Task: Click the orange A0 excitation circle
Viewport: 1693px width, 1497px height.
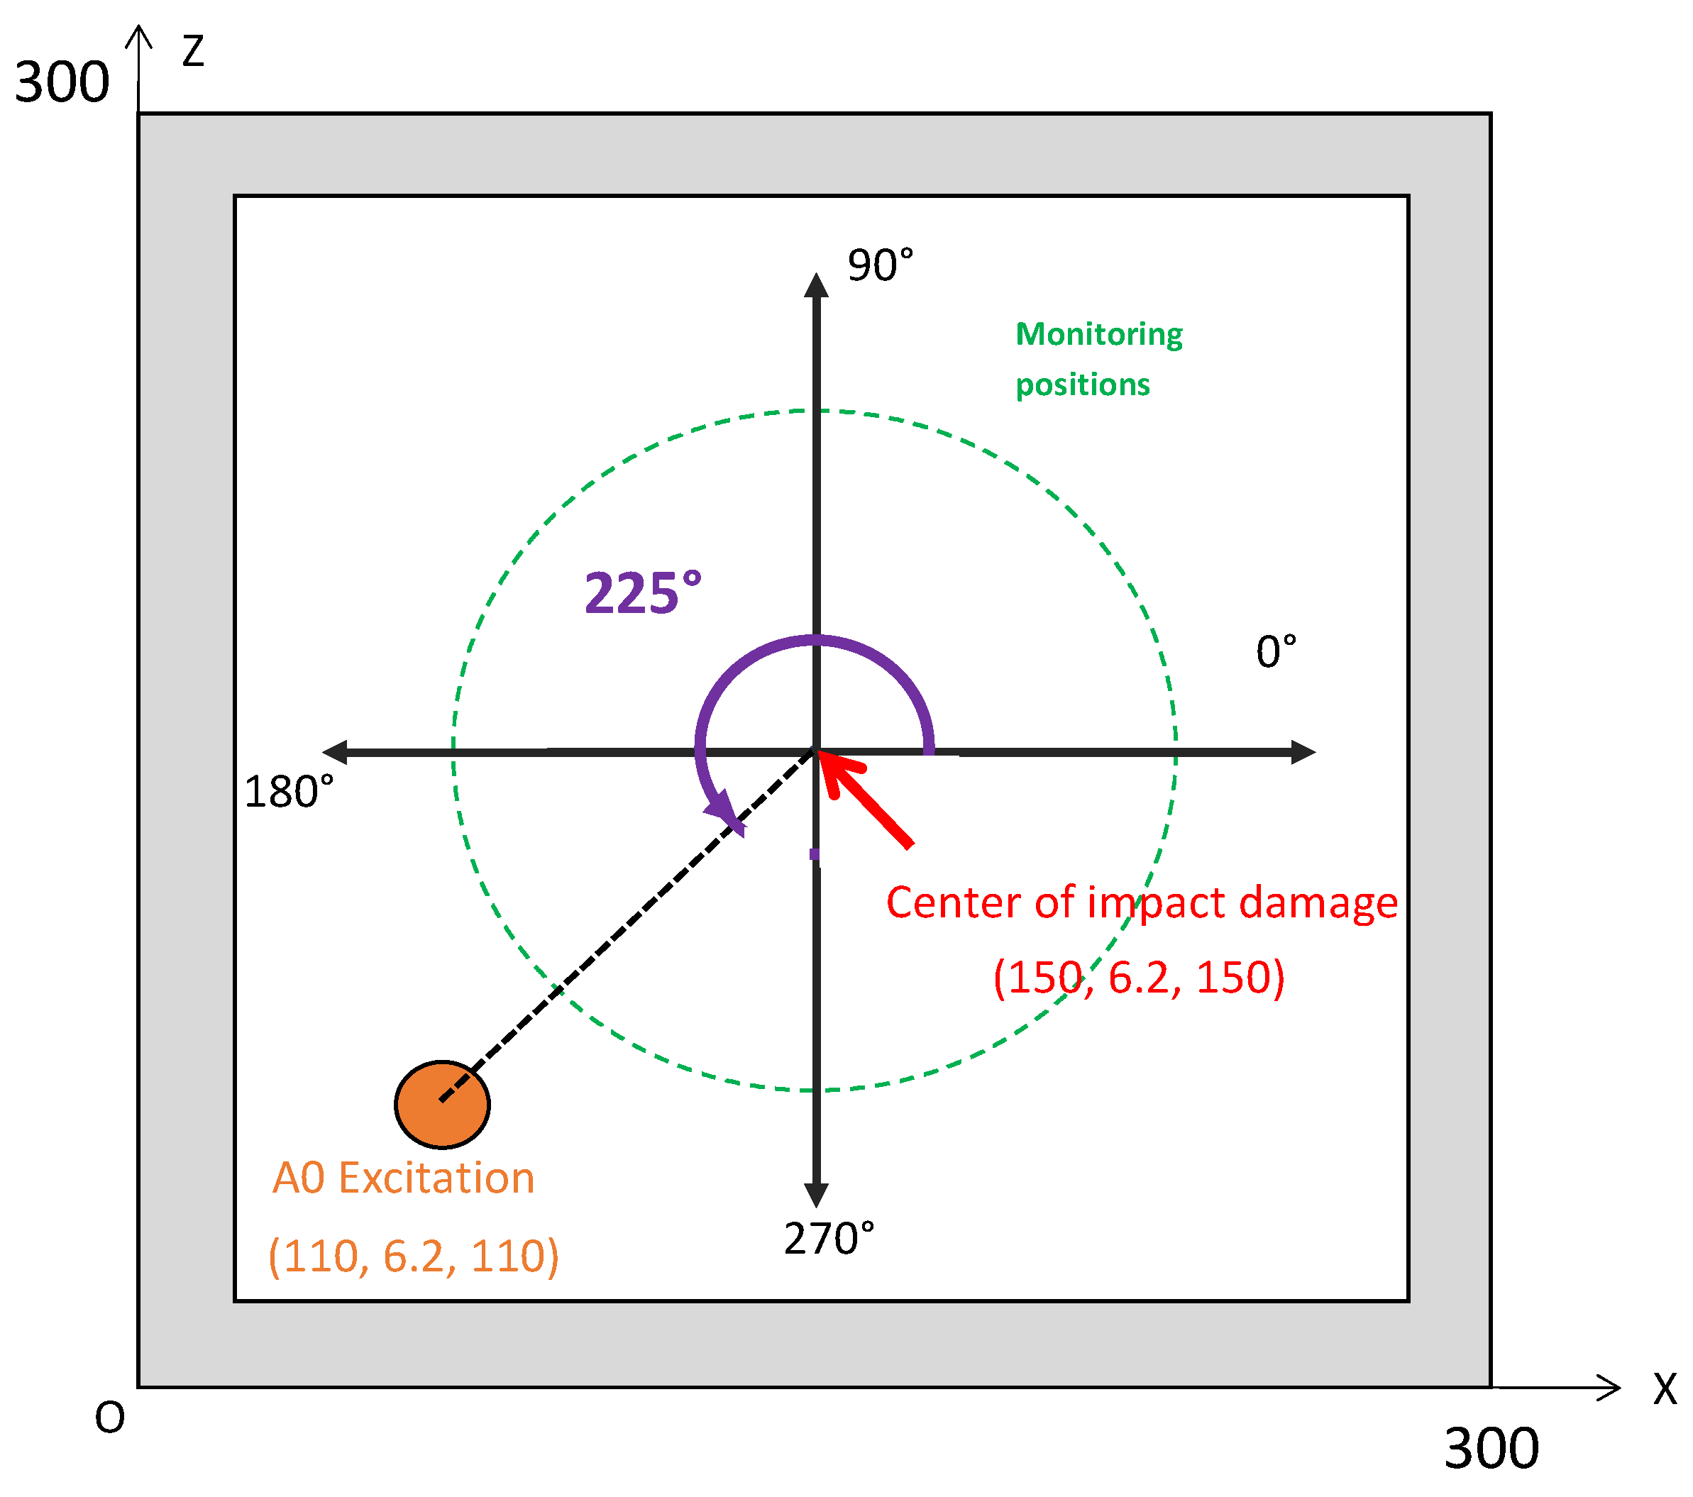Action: pyautogui.click(x=442, y=1104)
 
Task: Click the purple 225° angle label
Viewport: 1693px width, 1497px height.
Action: pyautogui.click(x=643, y=594)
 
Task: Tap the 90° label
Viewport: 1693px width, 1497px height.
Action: pyautogui.click(x=881, y=266)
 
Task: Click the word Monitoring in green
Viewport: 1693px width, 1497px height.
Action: pyautogui.click(x=1099, y=334)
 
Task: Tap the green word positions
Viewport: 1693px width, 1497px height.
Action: pyautogui.click(x=1083, y=385)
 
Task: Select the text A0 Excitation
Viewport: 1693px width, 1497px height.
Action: pyautogui.click(x=403, y=1178)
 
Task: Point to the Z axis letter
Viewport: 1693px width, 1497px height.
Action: pyautogui.click(x=193, y=51)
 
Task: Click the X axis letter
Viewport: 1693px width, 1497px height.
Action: pyautogui.click(x=1665, y=1388)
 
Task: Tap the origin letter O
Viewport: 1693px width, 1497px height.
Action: pyautogui.click(x=109, y=1418)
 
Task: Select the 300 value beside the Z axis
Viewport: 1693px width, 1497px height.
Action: pyautogui.click(x=62, y=83)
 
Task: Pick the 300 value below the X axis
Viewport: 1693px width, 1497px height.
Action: pyautogui.click(x=1491, y=1449)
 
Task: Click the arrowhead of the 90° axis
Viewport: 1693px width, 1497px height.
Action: pyautogui.click(x=817, y=286)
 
